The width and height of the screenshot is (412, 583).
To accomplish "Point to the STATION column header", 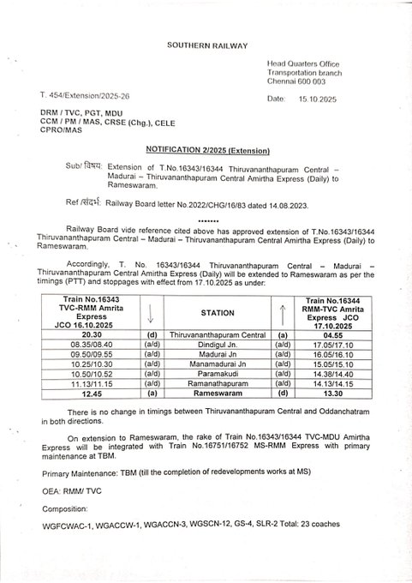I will point(211,313).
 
